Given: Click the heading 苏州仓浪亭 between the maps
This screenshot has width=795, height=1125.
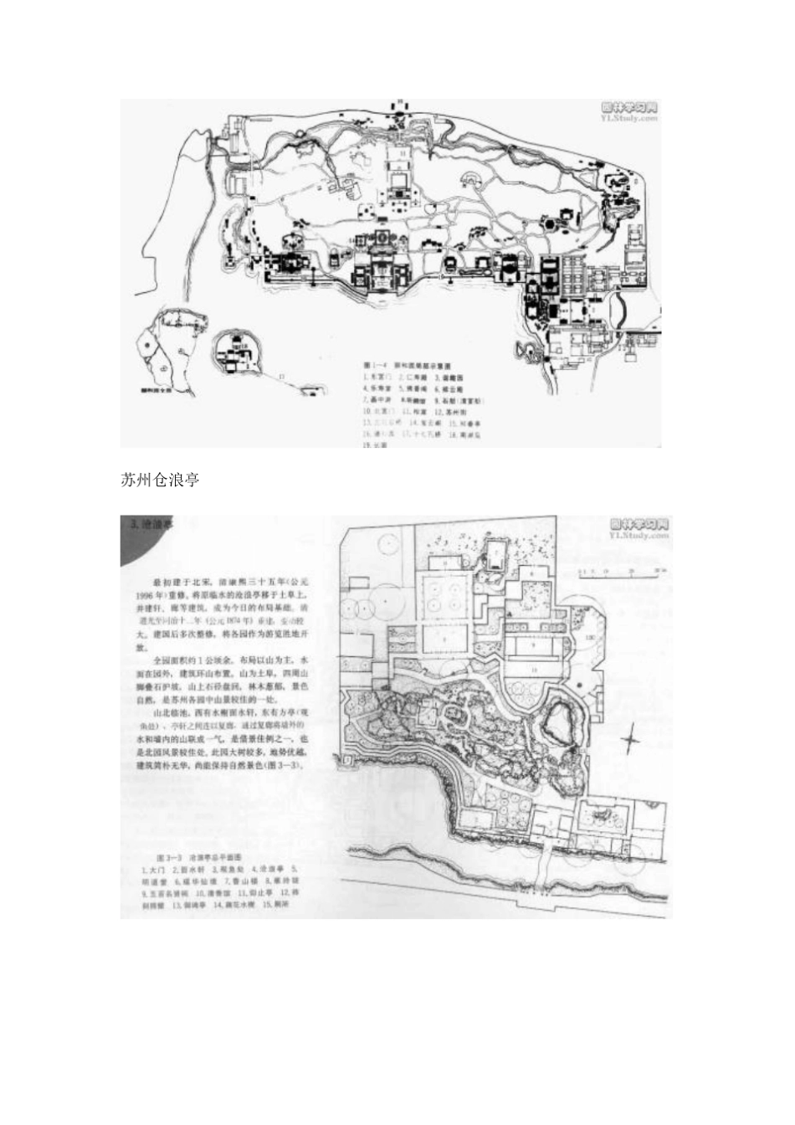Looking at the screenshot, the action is coord(160,480).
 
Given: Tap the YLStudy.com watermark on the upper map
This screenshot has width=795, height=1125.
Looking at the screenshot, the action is coord(630,118).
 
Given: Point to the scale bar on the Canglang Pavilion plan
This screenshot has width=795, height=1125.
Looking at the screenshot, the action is coord(618,573).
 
